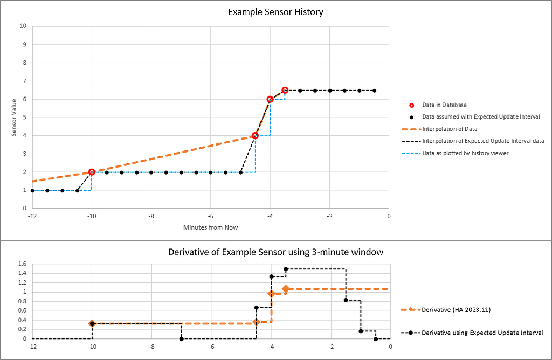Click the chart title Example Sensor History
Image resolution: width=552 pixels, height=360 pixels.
tap(275, 11)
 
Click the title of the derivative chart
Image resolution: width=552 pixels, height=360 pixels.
tap(275, 252)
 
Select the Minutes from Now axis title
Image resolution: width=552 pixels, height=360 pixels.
tap(210, 227)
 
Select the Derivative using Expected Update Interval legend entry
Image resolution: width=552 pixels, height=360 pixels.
tap(482, 333)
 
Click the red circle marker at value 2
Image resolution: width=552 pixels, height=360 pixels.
tap(92, 172)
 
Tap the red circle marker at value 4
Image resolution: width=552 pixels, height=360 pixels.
tap(255, 135)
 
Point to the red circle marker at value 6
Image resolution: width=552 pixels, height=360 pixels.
tap(270, 99)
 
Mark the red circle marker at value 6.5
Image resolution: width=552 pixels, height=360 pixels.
tap(285, 90)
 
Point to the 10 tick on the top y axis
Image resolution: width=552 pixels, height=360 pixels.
tap(23, 26)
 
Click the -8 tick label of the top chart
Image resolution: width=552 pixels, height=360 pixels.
tap(151, 216)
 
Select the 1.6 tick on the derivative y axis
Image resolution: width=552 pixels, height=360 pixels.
tap(21, 264)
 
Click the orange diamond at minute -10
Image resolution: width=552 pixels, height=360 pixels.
tap(92, 323)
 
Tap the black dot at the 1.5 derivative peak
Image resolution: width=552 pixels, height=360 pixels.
tap(286, 269)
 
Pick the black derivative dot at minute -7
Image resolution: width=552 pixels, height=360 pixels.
tap(182, 339)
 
